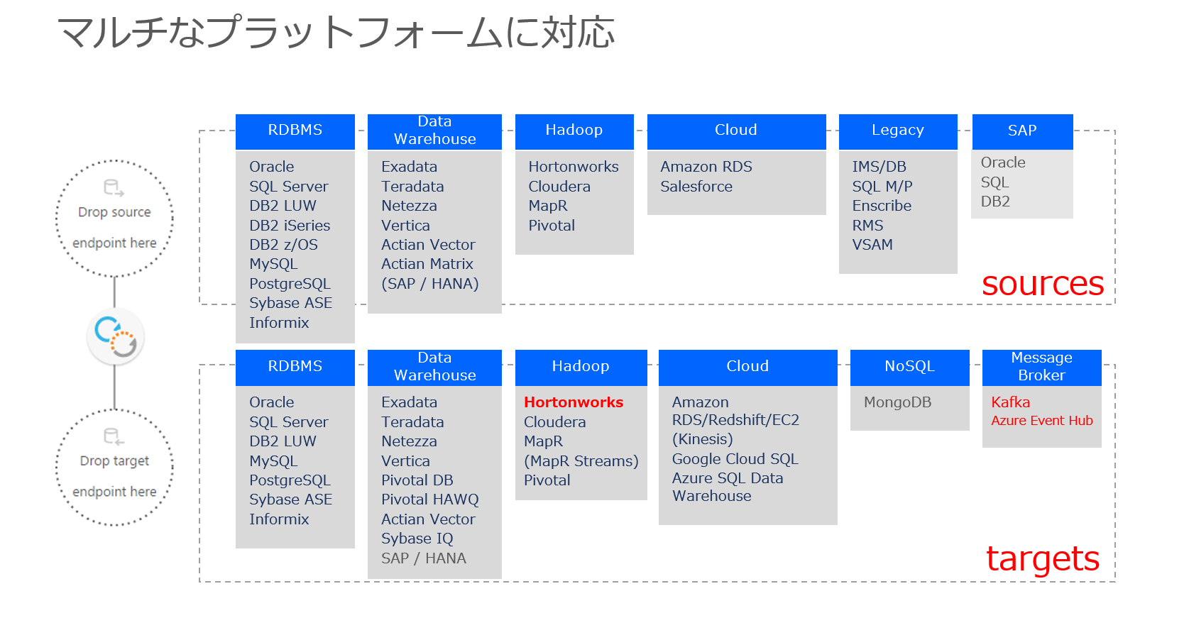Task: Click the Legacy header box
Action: click(x=897, y=131)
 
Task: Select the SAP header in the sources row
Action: click(x=1022, y=131)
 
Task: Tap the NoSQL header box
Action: click(x=909, y=367)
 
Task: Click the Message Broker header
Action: click(x=1041, y=367)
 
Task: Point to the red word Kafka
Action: click(x=1010, y=402)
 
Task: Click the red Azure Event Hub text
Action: click(x=1041, y=421)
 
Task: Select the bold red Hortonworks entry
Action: click(x=574, y=402)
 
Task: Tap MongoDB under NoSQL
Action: click(x=897, y=402)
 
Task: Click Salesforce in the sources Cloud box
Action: click(x=696, y=186)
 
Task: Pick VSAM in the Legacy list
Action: click(x=872, y=245)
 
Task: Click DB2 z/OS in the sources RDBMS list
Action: click(x=283, y=245)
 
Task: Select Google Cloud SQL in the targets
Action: click(x=735, y=459)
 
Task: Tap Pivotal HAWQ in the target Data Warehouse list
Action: click(x=429, y=500)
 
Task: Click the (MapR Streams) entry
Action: click(x=581, y=461)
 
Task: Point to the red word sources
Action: click(x=1043, y=284)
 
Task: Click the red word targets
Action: click(x=1043, y=558)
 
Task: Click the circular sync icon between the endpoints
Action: click(x=115, y=336)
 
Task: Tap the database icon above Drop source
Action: click(x=114, y=188)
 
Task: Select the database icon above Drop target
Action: click(x=114, y=436)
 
